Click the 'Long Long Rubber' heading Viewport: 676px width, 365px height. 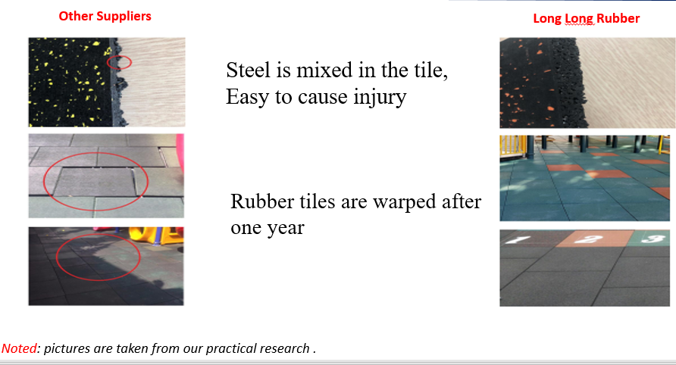[586, 18]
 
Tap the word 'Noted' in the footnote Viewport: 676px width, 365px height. [20, 348]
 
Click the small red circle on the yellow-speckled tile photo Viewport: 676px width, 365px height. [118, 62]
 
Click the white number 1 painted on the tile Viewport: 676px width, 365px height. [521, 241]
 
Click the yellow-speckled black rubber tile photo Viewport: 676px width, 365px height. [72, 82]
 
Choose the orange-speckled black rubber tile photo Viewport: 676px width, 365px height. [538, 83]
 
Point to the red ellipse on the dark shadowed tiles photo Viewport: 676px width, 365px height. [98, 256]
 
